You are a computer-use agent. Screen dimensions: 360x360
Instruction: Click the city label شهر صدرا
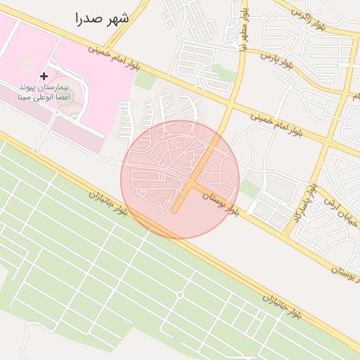pyautogui.click(x=103, y=18)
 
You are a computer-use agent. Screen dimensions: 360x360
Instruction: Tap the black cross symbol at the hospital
pyautogui.click(x=44, y=76)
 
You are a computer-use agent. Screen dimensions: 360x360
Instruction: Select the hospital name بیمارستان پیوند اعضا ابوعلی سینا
pyautogui.click(x=44, y=91)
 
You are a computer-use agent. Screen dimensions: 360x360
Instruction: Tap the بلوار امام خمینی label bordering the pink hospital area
pyautogui.click(x=113, y=59)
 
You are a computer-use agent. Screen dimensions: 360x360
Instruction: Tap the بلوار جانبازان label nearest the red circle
pyautogui.click(x=108, y=203)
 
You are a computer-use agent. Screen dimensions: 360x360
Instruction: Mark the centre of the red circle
pyautogui.click(x=180, y=179)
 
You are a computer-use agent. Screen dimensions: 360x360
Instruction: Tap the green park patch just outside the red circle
pyautogui.click(x=248, y=188)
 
